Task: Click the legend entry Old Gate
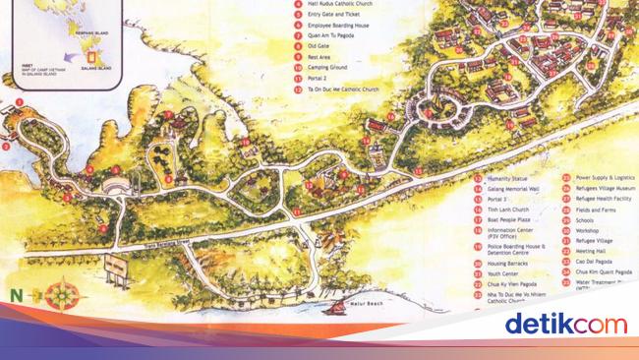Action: coord(319,45)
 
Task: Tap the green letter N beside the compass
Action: coord(17,295)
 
